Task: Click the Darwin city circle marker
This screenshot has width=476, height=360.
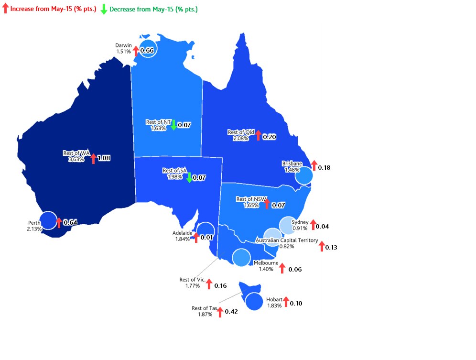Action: point(149,48)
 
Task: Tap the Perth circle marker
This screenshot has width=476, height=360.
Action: point(48,220)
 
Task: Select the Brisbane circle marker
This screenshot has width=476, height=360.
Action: point(303,176)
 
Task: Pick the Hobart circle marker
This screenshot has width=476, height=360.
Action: point(254,302)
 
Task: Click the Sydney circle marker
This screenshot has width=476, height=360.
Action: point(288,225)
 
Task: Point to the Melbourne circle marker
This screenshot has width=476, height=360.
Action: point(241,257)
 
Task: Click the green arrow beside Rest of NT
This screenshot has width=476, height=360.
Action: point(173,125)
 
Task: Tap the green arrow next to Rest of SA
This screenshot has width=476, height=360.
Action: point(189,177)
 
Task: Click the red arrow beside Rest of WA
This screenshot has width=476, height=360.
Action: point(93,158)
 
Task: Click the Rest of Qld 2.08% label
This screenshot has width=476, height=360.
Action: point(240,135)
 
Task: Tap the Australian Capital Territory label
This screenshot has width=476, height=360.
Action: point(287,240)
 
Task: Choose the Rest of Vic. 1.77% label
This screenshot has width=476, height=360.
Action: point(193,283)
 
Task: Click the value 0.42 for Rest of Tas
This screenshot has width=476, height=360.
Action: point(231,312)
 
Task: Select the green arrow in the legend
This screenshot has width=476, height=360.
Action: point(104,9)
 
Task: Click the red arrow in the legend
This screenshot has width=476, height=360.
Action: point(5,9)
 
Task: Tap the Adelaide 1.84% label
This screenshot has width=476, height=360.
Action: point(182,236)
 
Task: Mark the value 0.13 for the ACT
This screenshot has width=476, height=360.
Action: point(331,247)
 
